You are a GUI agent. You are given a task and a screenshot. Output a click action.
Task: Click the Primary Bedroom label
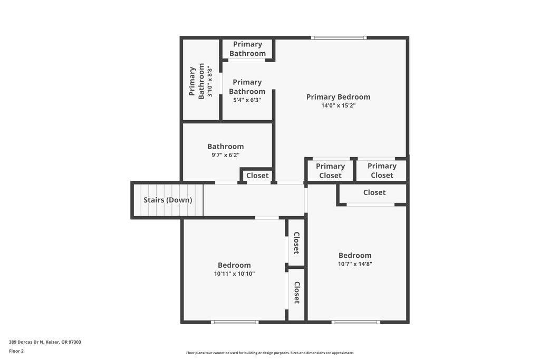pyautogui.click(x=338, y=97)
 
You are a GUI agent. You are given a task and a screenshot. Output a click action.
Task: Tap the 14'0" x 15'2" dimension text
pyautogui.click(x=338, y=105)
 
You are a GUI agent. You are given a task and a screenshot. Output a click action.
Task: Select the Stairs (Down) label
pyautogui.click(x=168, y=200)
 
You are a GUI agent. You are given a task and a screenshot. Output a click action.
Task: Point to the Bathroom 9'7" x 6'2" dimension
pyautogui.click(x=226, y=155)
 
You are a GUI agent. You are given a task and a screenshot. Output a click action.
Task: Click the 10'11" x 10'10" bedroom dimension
pyautogui.click(x=234, y=274)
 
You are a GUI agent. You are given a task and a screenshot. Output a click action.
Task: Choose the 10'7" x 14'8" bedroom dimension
pyautogui.click(x=355, y=264)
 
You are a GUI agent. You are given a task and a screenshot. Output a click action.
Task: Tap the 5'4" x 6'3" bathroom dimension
pyautogui.click(x=247, y=100)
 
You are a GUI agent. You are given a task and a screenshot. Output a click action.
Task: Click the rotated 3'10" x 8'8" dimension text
pyautogui.click(x=210, y=82)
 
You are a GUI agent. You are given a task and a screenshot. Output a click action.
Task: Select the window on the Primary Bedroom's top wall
pyautogui.click(x=338, y=38)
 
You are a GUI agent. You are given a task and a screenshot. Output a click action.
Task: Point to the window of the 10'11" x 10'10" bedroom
pyautogui.click(x=235, y=322)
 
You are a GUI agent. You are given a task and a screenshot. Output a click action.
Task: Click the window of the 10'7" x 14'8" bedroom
pyautogui.click(x=356, y=322)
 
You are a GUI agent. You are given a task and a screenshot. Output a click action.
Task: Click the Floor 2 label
pyautogui.click(x=16, y=351)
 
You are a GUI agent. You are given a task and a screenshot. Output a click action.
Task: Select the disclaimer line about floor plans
pyautogui.click(x=270, y=353)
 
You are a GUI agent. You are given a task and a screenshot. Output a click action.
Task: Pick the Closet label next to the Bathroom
pyautogui.click(x=257, y=176)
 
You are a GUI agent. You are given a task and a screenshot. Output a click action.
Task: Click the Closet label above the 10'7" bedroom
pyautogui.click(x=374, y=192)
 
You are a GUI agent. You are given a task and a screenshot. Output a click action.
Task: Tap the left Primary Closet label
pyautogui.click(x=330, y=171)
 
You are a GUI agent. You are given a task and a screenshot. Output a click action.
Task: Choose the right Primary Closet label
pyautogui.click(x=382, y=171)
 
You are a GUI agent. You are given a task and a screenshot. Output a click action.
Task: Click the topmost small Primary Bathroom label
pyautogui.click(x=248, y=49)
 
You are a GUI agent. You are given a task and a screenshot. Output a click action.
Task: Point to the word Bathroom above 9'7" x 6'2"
pyautogui.click(x=226, y=147)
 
